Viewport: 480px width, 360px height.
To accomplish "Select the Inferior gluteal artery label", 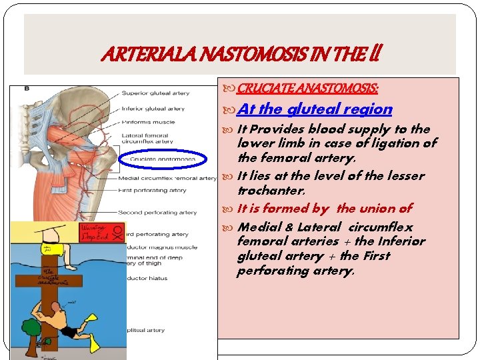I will click(153, 109).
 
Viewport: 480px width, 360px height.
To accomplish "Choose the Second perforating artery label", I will click(157, 213).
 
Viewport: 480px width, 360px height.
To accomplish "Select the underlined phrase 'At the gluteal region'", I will click(315, 109).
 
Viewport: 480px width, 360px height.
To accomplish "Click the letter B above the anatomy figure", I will click(27, 89).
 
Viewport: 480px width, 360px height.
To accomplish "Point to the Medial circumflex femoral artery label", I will click(167, 178).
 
